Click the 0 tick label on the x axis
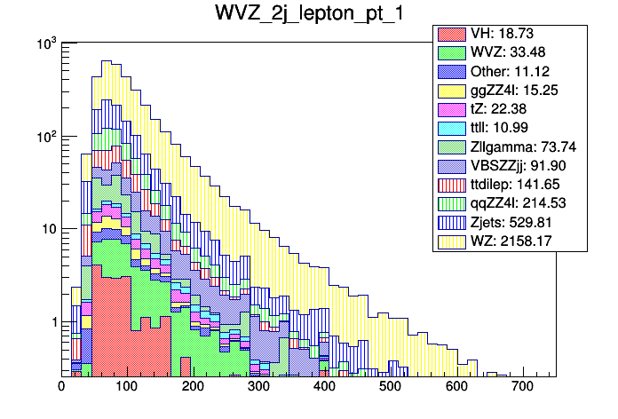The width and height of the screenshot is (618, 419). pos(61,386)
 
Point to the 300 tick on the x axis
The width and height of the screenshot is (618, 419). pos(258,386)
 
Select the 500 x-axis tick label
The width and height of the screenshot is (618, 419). pos(390,386)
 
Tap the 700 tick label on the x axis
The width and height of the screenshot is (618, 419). pos(521,386)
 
